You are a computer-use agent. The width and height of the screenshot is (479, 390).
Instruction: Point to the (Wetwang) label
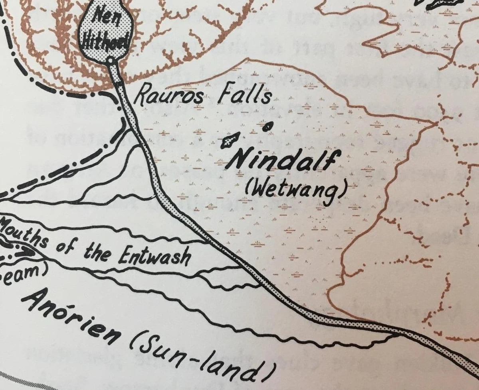[295, 192]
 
